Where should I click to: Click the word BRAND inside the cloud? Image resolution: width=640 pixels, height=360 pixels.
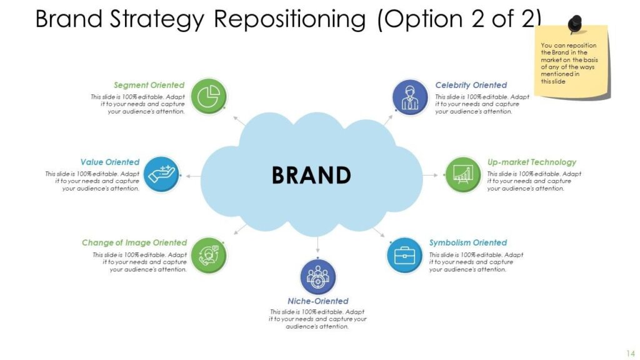(311, 175)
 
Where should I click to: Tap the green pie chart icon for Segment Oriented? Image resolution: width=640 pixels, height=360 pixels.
(208, 96)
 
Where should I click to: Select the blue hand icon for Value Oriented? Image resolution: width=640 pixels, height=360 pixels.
(162, 174)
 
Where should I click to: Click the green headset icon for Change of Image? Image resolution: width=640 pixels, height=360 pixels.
(208, 255)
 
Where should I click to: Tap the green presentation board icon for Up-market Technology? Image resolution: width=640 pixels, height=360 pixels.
(462, 174)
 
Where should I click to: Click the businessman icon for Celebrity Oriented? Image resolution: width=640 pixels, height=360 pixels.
(410, 96)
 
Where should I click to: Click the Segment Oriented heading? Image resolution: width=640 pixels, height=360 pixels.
(149, 85)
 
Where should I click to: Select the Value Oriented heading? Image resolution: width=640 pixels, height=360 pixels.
(110, 162)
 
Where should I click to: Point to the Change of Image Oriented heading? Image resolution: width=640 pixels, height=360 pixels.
(134, 242)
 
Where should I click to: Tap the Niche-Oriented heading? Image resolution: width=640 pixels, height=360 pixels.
(318, 301)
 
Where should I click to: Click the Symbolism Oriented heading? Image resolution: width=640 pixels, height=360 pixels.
(468, 242)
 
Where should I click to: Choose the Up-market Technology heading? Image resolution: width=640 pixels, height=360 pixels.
(532, 162)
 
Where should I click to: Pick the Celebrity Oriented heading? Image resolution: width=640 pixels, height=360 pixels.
(471, 85)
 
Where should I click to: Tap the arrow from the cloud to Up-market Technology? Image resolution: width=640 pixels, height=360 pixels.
(431, 175)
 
